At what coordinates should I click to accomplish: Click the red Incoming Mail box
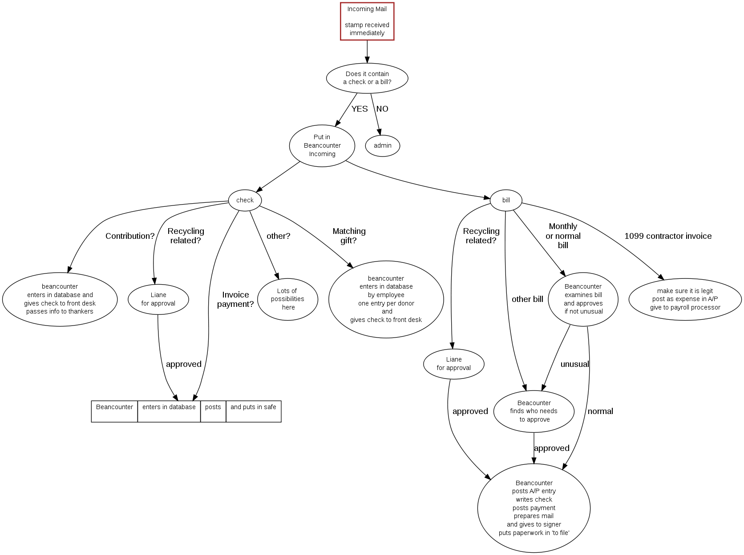point(367,21)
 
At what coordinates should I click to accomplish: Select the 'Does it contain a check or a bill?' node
point(367,78)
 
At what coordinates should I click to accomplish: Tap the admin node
point(382,145)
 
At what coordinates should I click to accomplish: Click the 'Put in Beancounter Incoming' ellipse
point(322,145)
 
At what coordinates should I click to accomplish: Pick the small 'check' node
point(245,200)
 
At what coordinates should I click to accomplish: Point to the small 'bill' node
point(506,200)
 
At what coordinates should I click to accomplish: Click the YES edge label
point(359,109)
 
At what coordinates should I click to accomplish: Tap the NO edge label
point(382,109)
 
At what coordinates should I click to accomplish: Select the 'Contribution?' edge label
point(130,236)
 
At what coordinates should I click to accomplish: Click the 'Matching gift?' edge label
point(349,236)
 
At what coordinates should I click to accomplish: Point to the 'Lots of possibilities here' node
point(287,299)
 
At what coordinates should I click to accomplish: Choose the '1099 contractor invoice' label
point(667,236)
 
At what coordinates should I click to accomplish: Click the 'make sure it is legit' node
point(685,299)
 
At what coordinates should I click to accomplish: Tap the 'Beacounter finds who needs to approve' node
point(534,411)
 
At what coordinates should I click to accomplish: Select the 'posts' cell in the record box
point(213,411)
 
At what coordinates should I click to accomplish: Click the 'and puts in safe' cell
point(253,411)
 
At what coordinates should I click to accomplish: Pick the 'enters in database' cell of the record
point(169,411)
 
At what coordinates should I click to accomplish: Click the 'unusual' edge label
point(574,364)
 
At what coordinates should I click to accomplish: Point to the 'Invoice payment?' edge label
point(235,299)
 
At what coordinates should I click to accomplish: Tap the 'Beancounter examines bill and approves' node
point(583,299)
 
